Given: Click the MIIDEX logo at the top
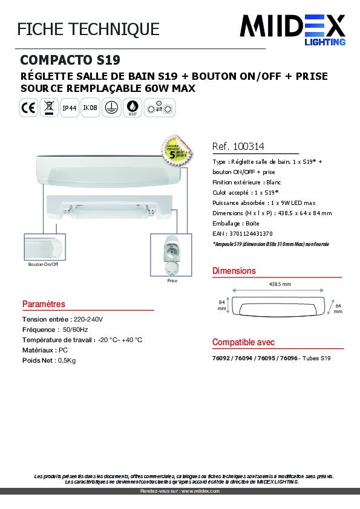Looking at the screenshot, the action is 293,28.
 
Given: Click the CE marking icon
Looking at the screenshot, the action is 28,109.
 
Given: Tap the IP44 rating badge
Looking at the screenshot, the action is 70,109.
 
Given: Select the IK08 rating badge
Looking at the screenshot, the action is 90,109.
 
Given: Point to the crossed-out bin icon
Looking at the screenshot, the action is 49,109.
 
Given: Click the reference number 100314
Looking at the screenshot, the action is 249,147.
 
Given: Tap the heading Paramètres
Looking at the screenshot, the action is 44,304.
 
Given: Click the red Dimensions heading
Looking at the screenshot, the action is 234,271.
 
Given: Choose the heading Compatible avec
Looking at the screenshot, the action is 243,342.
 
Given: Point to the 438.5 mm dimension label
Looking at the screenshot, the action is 280,284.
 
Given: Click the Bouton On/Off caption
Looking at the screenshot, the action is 43,264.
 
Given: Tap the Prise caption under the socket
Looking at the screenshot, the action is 172,281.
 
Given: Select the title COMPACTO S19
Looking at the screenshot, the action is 70,60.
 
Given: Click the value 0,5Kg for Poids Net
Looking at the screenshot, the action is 68,360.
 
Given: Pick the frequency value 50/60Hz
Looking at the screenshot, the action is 76,329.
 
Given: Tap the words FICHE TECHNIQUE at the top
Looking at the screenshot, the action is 88,28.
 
